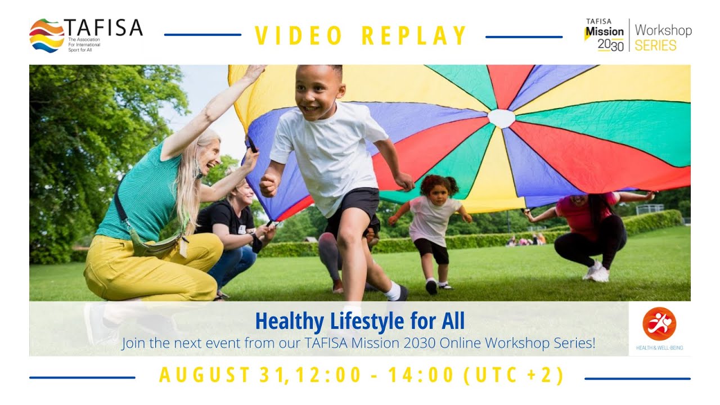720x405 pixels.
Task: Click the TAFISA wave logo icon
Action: [47, 35]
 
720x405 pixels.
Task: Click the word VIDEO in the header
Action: [299, 36]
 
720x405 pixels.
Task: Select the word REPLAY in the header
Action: [414, 36]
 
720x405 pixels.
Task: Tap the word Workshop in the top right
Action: [663, 30]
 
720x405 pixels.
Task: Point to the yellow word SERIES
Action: [655, 46]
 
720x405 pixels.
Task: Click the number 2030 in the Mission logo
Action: [610, 46]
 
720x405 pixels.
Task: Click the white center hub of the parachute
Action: [501, 118]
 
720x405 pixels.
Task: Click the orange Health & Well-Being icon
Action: [659, 324]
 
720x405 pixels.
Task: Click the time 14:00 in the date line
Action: [427, 375]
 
